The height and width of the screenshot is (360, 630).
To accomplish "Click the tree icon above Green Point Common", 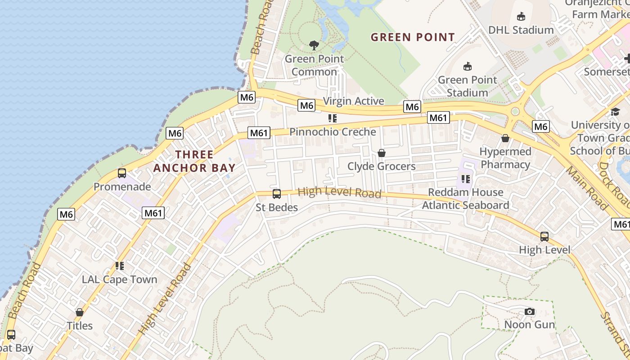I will point(314,45).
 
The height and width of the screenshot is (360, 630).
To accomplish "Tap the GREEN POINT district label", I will point(413,37).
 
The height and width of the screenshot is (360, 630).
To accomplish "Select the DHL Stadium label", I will point(521,30).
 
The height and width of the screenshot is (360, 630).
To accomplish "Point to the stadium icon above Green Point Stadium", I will point(468,66).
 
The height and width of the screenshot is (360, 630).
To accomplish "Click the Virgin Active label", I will point(353,101).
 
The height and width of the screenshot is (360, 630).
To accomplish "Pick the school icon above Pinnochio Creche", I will point(333,118).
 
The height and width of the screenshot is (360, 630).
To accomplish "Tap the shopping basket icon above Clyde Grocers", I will point(382,153).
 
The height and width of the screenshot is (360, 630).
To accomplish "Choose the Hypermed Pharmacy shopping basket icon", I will point(505,138).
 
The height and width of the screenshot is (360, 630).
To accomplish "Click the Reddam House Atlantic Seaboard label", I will point(465,198).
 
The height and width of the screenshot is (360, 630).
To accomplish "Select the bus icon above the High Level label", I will point(544,236).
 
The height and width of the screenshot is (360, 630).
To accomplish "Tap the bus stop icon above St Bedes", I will point(277,194).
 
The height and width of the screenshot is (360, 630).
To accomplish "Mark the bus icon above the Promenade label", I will point(122,173).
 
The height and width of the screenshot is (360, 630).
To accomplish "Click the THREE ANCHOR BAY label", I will point(194,161).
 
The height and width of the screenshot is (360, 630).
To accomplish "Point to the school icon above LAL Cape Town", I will point(119,266).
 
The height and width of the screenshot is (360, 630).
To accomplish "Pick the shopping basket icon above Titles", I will point(80,312).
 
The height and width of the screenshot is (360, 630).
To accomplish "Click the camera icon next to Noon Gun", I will point(530,311).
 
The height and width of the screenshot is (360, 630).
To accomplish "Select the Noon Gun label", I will point(530,324).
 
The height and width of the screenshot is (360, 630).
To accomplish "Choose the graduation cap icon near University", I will point(615,111).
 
